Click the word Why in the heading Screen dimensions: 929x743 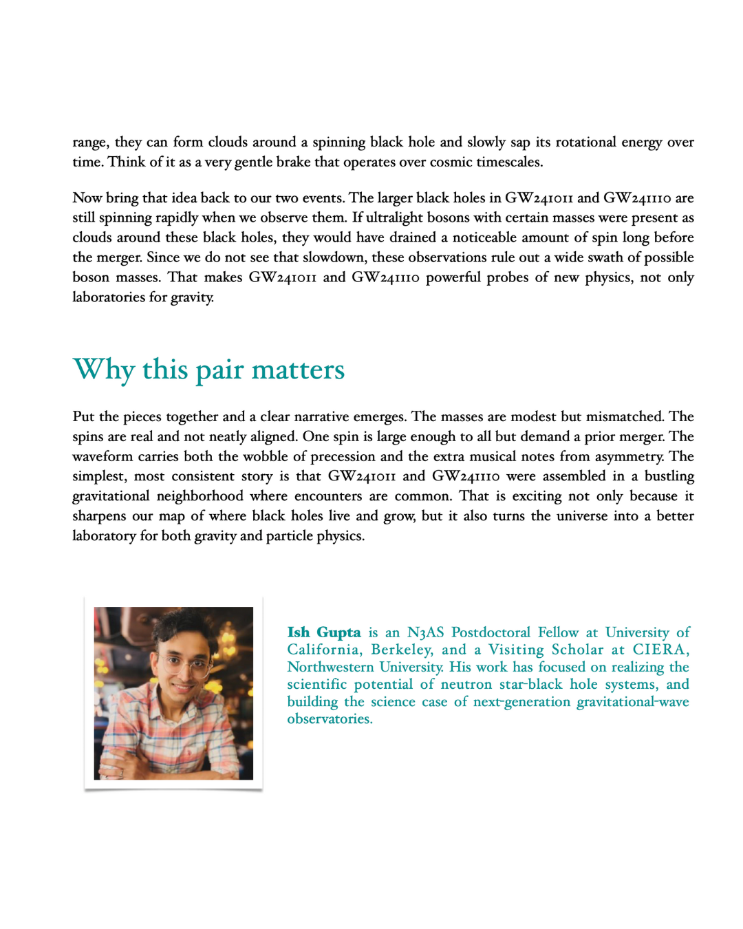(x=103, y=370)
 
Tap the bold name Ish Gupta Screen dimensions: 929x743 (x=323, y=632)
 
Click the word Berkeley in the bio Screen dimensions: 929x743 (x=402, y=650)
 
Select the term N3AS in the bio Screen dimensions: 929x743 (x=425, y=632)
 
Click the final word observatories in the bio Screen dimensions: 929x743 (x=329, y=719)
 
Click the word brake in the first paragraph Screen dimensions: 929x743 (x=293, y=162)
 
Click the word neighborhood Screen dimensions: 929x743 (x=200, y=496)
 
